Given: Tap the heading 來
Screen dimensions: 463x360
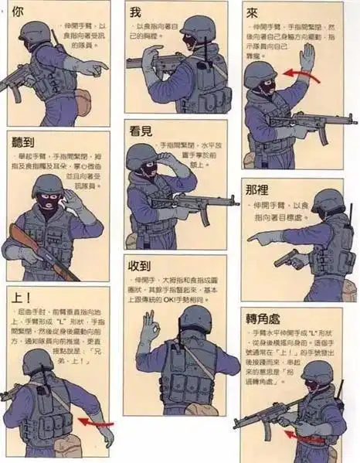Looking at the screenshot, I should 252,14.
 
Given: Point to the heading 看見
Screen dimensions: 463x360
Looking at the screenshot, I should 140,131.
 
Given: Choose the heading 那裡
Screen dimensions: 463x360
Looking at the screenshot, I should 257,189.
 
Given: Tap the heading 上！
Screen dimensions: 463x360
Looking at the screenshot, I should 22,298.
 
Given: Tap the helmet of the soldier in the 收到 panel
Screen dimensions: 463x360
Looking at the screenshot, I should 196,317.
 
